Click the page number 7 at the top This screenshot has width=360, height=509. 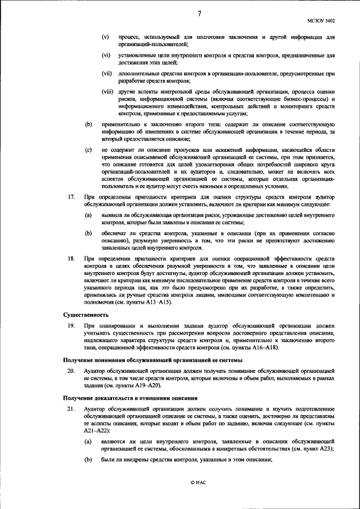coord(199,13)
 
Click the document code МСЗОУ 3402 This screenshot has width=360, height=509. coord(322,20)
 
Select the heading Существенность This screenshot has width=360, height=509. coord(85,315)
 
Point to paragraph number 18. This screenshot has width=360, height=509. coord(71,258)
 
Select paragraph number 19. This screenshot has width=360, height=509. coord(71,326)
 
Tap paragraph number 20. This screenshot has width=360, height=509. coord(71,371)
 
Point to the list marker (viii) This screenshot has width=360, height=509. coord(107,92)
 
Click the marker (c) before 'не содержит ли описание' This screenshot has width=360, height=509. coord(88,150)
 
